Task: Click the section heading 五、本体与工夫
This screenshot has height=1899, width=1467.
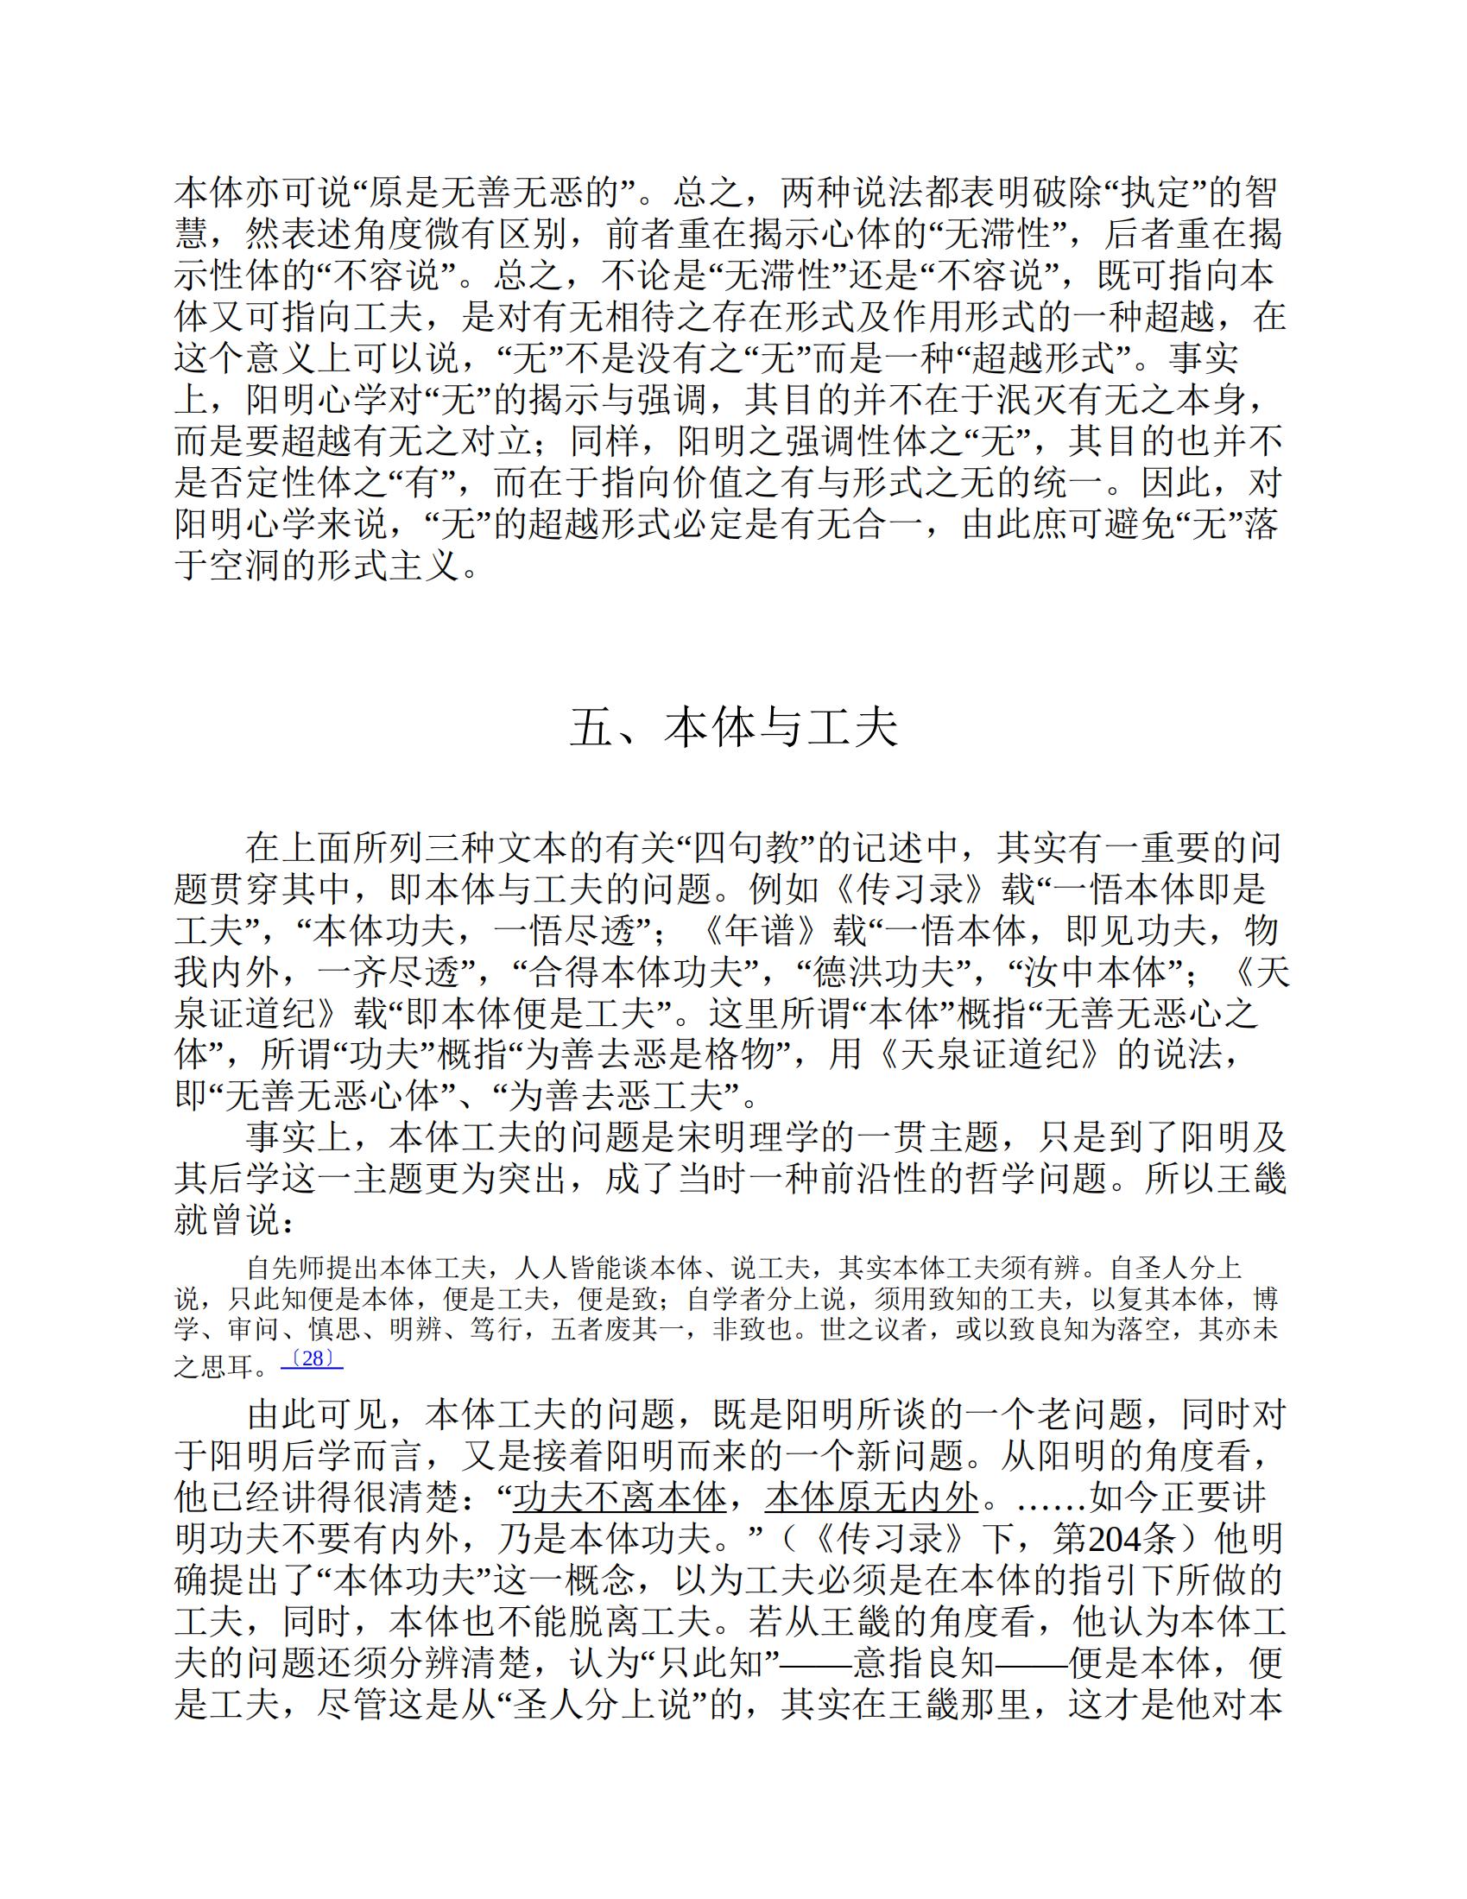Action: (733, 728)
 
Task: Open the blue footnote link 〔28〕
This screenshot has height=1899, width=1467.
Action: (312, 1359)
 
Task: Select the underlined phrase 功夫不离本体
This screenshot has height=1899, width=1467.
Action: (620, 1497)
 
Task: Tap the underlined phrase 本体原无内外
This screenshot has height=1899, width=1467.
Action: (872, 1497)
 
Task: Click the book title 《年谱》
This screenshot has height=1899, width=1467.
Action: (765, 931)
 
